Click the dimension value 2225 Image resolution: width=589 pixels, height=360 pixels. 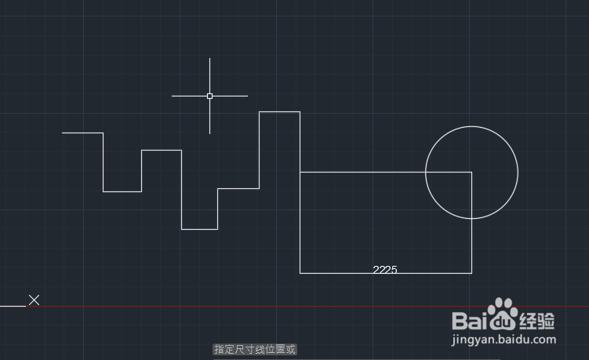tap(384, 269)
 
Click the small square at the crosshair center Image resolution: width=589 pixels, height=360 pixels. tap(209, 96)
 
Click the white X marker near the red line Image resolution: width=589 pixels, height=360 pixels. tap(35, 300)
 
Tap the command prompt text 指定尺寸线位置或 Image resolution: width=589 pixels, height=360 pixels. tap(255, 349)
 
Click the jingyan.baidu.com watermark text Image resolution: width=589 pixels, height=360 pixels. tap(504, 340)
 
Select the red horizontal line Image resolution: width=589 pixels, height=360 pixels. tap(235, 306)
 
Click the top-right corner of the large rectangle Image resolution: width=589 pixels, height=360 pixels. tap(471, 172)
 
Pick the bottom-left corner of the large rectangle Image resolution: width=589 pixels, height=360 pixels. tap(300, 273)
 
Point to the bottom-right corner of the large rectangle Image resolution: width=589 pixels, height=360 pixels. tap(471, 273)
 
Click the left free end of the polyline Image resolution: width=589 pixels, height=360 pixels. tap(63, 133)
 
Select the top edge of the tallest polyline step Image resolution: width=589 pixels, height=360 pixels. tap(279, 111)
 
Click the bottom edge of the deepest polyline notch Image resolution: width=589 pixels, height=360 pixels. tap(199, 229)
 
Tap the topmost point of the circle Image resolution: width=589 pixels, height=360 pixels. tap(471, 125)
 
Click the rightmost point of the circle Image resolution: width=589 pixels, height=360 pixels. tap(518, 172)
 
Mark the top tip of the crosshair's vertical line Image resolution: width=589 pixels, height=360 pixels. tap(209, 58)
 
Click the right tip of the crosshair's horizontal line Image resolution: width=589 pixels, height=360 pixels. tap(248, 96)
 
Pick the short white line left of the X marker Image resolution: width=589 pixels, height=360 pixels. tap(13, 306)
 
